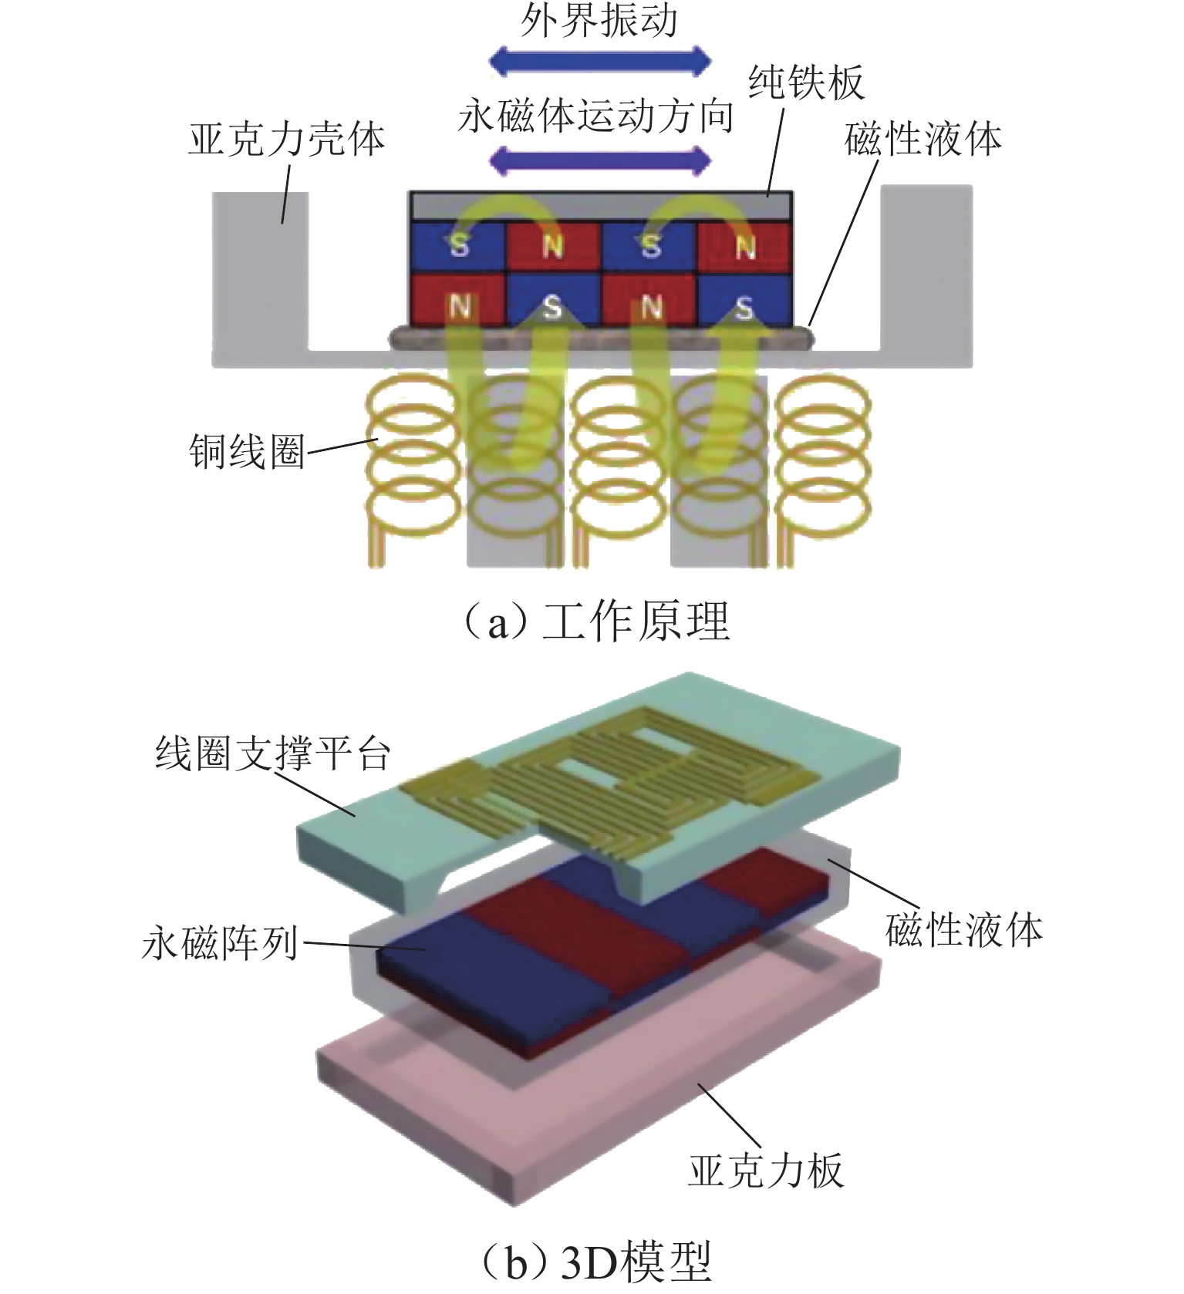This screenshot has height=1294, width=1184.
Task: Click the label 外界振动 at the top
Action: [x=599, y=21]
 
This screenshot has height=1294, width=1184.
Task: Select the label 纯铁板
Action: [x=806, y=83]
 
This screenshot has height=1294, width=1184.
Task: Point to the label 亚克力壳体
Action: [x=286, y=140]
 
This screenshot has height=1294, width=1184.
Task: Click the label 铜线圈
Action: [x=247, y=452]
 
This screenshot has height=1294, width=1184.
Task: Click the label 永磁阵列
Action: [x=220, y=942]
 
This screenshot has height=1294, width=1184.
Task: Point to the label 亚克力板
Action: [x=766, y=1171]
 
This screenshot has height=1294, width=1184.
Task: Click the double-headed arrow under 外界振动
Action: [x=600, y=60]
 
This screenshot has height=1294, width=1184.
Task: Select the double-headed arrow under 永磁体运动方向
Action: [x=600, y=160]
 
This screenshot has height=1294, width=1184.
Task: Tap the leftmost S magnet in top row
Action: [x=458, y=246]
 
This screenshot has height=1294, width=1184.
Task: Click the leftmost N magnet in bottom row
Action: [x=458, y=308]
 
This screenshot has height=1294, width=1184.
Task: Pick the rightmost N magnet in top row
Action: [x=744, y=246]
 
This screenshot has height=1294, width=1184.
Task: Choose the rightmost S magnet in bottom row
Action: [x=744, y=308]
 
